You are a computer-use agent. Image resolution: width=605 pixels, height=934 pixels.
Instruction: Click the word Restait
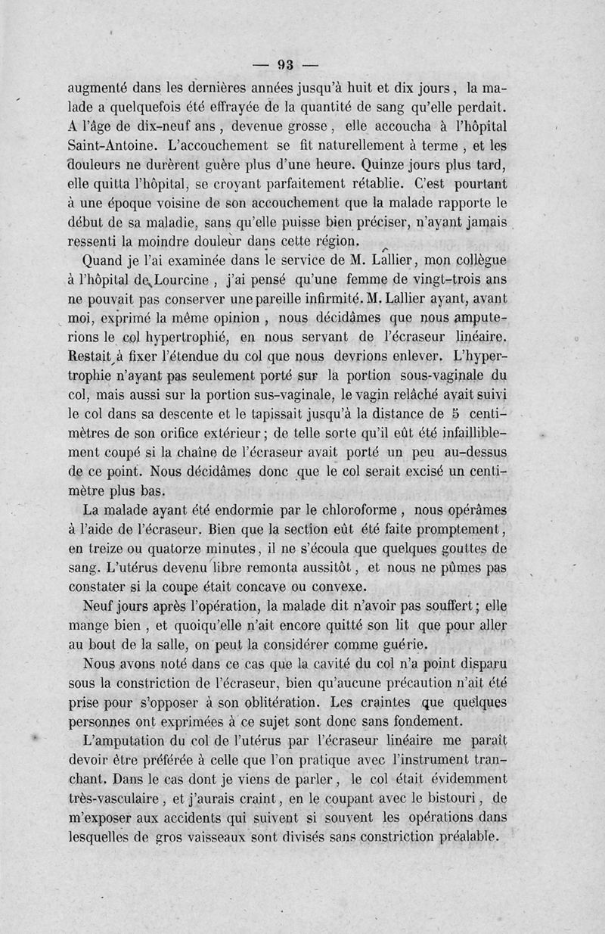click(90, 356)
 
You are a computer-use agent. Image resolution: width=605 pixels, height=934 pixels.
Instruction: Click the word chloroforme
click(344, 509)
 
